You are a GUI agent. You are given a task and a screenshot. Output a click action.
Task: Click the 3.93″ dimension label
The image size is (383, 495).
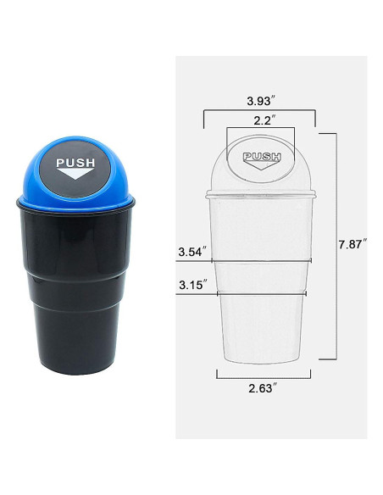(x=258, y=101)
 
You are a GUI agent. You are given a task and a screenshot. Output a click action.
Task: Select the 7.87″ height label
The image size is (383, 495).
(x=353, y=245)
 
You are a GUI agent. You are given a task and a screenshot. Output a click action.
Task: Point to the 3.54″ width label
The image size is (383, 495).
(x=192, y=252)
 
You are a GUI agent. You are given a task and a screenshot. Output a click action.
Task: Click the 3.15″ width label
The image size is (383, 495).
(x=193, y=285)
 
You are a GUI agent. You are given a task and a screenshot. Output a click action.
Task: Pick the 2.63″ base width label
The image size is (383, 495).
(x=263, y=388)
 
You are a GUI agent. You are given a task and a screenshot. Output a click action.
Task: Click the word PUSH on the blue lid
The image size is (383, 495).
(x=75, y=163)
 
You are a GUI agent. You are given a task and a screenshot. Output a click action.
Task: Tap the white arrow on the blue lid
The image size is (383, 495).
(x=75, y=174)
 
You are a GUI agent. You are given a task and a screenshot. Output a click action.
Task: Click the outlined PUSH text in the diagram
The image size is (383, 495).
(x=262, y=156)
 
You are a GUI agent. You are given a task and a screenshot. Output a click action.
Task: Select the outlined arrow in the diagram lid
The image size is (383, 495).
(x=262, y=164)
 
